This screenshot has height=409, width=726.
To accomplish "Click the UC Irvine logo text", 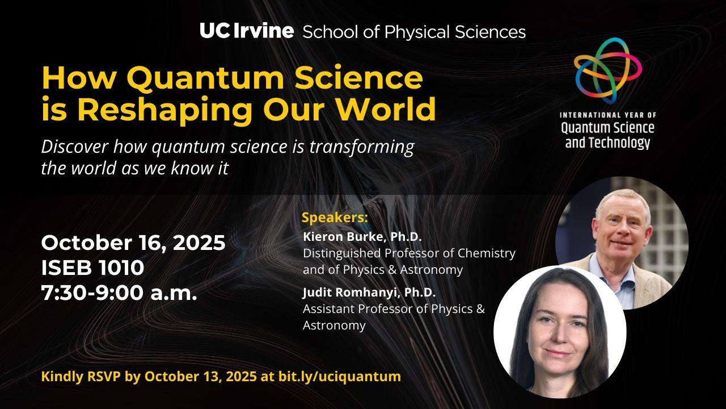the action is (x=247, y=31).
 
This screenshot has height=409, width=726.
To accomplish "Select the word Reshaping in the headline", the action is (x=164, y=110).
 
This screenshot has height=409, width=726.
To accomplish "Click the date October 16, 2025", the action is (x=133, y=243).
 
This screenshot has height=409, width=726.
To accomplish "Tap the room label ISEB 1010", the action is (x=92, y=268).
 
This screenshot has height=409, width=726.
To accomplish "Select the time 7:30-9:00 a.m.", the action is (x=119, y=293).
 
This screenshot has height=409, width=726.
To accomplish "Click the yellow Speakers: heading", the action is (x=335, y=218).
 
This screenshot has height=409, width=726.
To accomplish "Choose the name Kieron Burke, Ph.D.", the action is (x=362, y=237).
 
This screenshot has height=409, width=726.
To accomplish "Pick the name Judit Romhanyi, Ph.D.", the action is (x=369, y=292).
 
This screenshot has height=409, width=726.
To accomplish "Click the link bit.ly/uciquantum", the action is (x=340, y=377).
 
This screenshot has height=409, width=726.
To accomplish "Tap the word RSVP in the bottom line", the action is (x=104, y=377).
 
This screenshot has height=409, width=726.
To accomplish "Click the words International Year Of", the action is (x=608, y=115).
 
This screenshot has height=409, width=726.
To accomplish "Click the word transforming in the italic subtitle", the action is (x=362, y=147).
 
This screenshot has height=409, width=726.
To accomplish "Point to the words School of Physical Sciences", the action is (x=414, y=32).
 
